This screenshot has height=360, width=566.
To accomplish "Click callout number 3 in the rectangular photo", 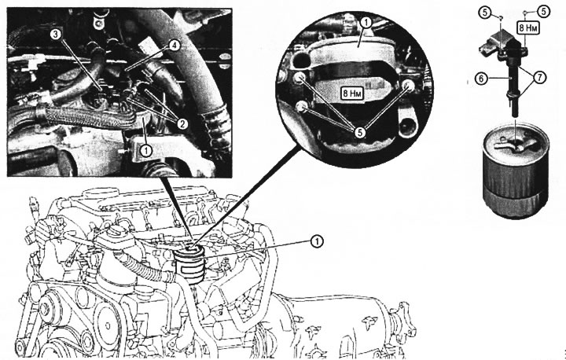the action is (x=56, y=35).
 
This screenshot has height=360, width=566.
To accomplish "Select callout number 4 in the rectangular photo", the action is (x=174, y=46).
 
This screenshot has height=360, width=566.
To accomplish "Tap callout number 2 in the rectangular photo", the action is (x=182, y=124).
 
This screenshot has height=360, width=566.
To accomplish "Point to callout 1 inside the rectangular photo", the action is (x=146, y=150).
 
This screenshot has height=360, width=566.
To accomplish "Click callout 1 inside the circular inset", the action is (x=366, y=23).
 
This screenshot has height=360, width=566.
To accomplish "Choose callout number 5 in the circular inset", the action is (x=360, y=133).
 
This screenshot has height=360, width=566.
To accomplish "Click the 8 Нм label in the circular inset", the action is (x=352, y=94).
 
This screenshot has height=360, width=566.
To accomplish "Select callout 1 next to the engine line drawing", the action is (x=317, y=241).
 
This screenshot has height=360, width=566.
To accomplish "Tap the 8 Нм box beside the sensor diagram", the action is (x=527, y=28).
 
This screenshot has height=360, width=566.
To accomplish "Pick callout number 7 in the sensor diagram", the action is (x=540, y=77).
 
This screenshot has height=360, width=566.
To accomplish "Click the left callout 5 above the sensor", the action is (x=485, y=13).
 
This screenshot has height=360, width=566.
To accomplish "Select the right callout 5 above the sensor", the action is (x=544, y=12).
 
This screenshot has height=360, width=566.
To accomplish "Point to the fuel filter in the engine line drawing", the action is (x=189, y=263).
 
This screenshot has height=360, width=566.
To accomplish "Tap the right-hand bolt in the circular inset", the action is (x=409, y=85).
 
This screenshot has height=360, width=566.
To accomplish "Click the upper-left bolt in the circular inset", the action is (x=298, y=78).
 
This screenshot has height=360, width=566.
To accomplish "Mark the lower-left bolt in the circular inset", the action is (x=302, y=106).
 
